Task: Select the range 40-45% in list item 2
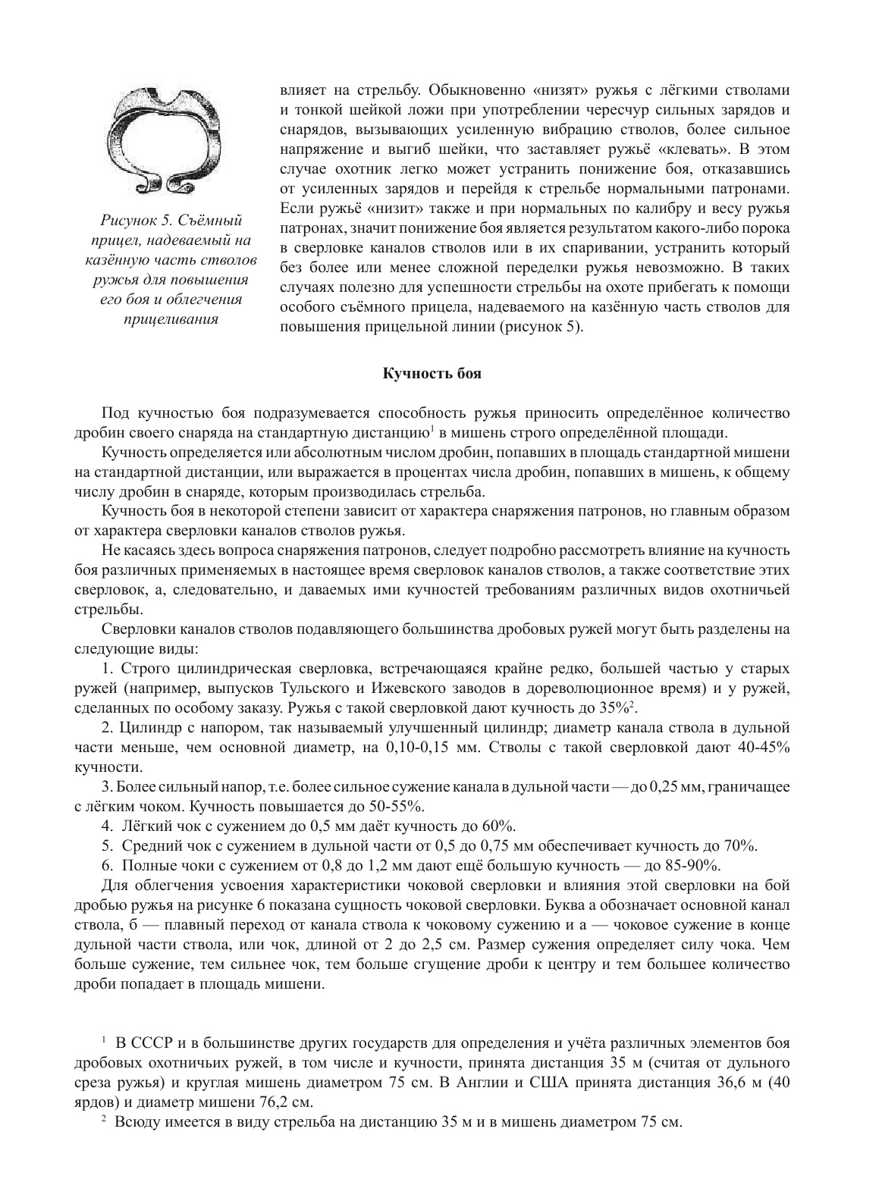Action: tap(763, 748)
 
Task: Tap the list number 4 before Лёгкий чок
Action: tap(105, 826)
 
